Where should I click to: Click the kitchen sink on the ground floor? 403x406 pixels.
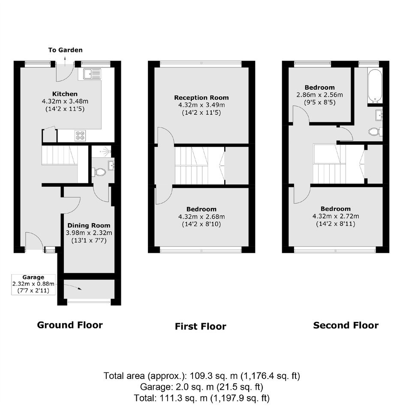tap(92, 74)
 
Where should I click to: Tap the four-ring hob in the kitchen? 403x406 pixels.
tap(80, 136)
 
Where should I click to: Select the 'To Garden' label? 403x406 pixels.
tap(66, 50)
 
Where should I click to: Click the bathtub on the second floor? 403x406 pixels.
tap(375, 85)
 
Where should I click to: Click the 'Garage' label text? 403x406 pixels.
tap(33, 277)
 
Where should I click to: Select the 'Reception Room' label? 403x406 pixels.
tap(201, 97)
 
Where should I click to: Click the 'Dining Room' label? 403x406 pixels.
tap(89, 225)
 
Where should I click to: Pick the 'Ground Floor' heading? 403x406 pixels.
tap(70, 325)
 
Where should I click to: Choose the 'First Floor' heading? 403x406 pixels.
tap(201, 326)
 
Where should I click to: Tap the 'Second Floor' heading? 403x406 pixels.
tap(346, 325)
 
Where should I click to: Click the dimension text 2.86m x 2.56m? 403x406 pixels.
tap(320, 95)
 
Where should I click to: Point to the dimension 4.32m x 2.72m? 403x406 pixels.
tap(336, 216)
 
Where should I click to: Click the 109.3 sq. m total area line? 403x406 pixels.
tap(202, 376)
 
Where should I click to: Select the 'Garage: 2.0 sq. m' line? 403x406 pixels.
tap(201, 387)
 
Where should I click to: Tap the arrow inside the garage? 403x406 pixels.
tap(73, 287)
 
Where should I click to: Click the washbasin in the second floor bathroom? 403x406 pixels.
tap(379, 115)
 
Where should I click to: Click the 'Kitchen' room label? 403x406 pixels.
tap(65, 94)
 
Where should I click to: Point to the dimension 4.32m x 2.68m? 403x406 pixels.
tap(201, 217)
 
